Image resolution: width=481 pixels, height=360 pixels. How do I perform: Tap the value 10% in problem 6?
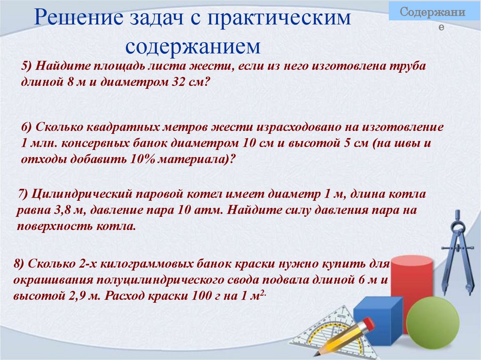(x=141, y=159)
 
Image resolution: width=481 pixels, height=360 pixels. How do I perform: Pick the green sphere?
(x=432, y=323)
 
